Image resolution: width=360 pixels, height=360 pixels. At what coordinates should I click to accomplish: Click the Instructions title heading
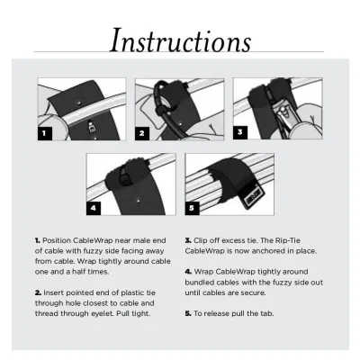pos(180,40)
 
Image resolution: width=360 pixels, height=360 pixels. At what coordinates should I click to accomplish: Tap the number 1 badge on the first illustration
pos(43,132)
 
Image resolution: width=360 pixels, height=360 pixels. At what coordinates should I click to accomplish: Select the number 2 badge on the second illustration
pos(142,132)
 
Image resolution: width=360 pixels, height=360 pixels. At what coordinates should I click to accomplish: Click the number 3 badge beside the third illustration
pos(239,131)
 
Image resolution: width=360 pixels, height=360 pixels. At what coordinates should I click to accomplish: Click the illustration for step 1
pos(81,110)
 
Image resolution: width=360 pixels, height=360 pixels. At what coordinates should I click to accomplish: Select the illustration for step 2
pos(179,110)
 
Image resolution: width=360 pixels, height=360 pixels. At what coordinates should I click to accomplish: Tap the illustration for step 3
pos(278,110)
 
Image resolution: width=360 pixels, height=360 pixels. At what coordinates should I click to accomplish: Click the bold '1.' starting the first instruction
pos(38,242)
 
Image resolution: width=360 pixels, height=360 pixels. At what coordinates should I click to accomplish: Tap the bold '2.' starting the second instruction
pos(38,293)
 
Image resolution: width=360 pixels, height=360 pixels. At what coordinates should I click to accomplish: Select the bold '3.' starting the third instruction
pos(188,242)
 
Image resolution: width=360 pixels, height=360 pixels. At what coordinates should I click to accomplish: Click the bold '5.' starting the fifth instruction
pos(188,312)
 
